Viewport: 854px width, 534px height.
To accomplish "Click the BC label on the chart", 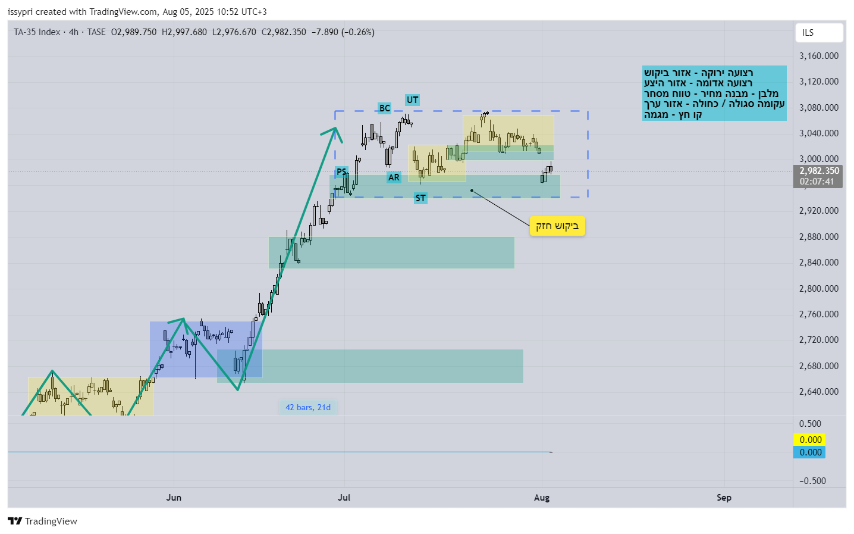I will [x=385, y=108].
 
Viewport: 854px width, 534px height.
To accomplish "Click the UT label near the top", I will [x=413, y=100].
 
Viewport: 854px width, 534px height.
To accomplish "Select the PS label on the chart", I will [x=341, y=172].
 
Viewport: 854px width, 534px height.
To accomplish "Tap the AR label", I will [x=394, y=177].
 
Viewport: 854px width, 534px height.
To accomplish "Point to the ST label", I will [x=420, y=198].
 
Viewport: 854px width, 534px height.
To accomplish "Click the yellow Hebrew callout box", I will [x=557, y=226].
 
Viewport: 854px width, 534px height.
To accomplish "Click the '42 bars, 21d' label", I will [x=308, y=408].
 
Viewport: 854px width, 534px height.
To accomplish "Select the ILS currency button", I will [x=819, y=33].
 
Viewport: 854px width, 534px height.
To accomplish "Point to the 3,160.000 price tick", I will [x=819, y=56].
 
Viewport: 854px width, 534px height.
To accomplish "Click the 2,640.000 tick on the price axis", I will [x=819, y=392].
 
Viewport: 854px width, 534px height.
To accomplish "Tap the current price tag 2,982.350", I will [x=819, y=171].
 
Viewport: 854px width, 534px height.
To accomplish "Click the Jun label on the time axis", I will [x=174, y=498].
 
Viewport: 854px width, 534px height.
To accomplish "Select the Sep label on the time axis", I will [x=724, y=498].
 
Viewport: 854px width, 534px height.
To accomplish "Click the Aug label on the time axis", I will [x=542, y=498].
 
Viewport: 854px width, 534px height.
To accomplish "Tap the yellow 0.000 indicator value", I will [x=810, y=440].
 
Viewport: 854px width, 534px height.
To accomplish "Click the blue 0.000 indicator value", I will [x=810, y=452].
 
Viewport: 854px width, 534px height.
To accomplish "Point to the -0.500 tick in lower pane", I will [x=812, y=481].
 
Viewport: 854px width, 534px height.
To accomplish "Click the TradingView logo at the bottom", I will [x=43, y=521].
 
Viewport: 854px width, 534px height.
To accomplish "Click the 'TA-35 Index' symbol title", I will [x=37, y=32].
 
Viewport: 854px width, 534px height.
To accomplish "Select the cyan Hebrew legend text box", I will [x=714, y=93].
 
